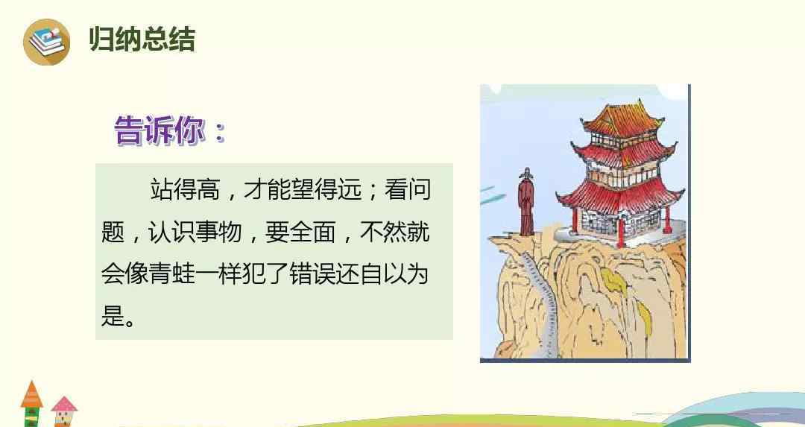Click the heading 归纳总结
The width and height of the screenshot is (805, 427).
142,39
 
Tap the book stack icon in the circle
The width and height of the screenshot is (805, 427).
47,41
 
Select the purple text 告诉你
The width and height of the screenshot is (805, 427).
159,130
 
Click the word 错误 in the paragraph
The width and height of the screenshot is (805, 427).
312,273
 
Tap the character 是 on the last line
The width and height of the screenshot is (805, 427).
113,314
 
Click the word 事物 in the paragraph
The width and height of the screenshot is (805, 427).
219,232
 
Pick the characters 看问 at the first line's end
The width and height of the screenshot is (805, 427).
407,189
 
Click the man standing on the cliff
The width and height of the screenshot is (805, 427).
525,202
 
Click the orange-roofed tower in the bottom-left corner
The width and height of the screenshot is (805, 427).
32,403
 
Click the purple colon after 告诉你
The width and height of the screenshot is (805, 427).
220,133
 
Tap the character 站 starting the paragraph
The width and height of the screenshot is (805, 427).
161,189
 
